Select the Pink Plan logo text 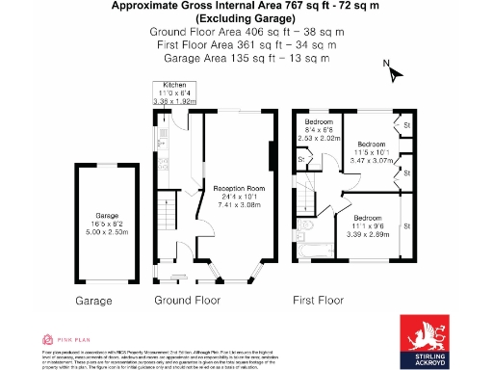click(65, 338)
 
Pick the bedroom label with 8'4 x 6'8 click(319, 129)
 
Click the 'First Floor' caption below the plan click(318, 301)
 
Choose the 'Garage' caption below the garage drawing click(93, 301)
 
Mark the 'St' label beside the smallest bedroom click(301, 158)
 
